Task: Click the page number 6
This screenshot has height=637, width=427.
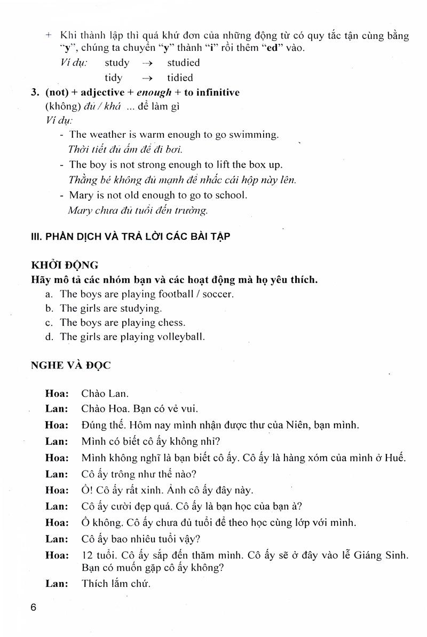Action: (x=34, y=608)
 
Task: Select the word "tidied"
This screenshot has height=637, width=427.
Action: (x=180, y=78)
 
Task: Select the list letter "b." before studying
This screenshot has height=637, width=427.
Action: (x=50, y=309)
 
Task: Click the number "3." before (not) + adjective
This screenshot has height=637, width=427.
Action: (x=36, y=92)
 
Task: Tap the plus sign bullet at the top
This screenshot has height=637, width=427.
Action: (x=50, y=35)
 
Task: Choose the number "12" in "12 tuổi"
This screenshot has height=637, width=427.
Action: (x=87, y=555)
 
